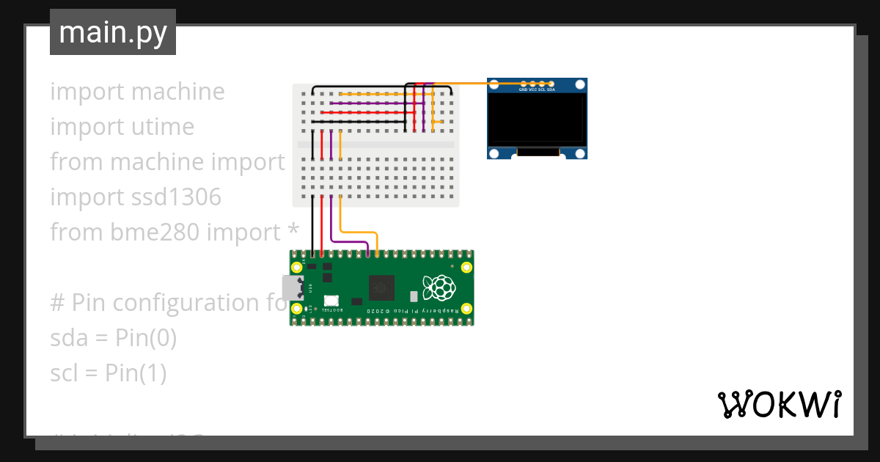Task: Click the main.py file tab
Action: tap(113, 32)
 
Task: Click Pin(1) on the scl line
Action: tap(136, 373)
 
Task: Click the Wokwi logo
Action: tap(779, 404)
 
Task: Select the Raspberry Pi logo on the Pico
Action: tap(438, 287)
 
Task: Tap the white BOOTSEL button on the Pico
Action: tap(331, 301)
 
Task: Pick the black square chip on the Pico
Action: tap(381, 287)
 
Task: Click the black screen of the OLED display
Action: tap(538, 119)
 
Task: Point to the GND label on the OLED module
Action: tap(523, 89)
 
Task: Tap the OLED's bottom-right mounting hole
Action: tap(580, 153)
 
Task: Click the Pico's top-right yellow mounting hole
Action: tap(466, 266)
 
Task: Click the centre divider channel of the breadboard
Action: tap(376, 145)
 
